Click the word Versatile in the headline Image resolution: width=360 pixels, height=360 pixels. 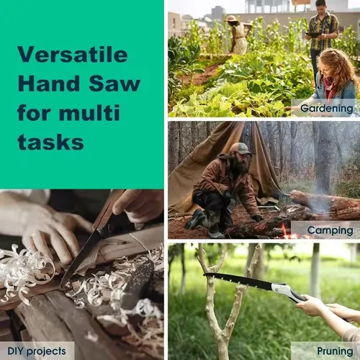tap(73, 54)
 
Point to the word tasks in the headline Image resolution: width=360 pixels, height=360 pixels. tap(50, 142)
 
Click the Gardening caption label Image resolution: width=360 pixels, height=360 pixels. tap(327, 108)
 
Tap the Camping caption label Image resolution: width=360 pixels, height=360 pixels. tap(330, 230)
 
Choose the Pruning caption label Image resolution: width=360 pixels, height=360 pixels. tap(335, 351)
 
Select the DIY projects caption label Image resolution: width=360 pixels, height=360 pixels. tap(37, 351)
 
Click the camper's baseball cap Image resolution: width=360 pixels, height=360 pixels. tap(240, 148)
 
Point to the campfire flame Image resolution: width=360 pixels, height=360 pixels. tap(285, 232)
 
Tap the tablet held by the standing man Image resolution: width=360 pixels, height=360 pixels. tap(313, 35)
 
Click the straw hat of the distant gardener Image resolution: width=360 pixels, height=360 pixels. tap(232, 19)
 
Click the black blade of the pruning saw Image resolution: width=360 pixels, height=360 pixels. tap(238, 280)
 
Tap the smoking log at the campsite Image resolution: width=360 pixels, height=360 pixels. tap(325, 204)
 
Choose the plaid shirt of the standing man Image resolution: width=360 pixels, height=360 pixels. tap(323, 31)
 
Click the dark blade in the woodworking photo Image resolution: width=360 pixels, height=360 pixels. tap(81, 259)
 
